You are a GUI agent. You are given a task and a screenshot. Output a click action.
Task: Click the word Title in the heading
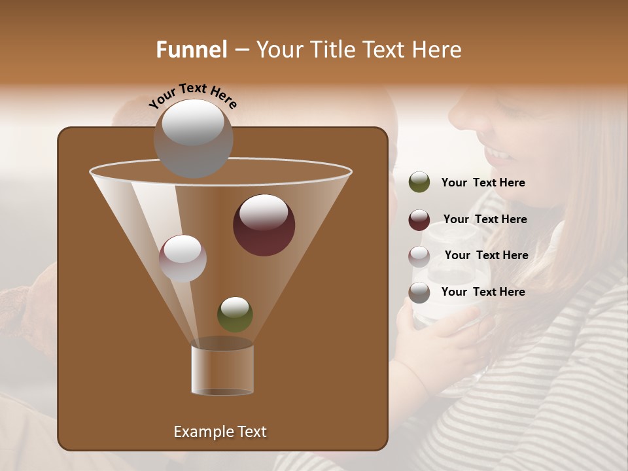[x=330, y=50]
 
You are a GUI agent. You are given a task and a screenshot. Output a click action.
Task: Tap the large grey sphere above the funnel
[x=194, y=138]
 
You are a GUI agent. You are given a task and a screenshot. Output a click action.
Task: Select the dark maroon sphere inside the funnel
[x=264, y=225]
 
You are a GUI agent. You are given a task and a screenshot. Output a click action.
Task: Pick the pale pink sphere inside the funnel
[x=183, y=258]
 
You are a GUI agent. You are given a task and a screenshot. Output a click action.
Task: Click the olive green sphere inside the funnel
[x=235, y=315]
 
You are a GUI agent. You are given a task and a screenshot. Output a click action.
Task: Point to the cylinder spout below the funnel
[x=222, y=370]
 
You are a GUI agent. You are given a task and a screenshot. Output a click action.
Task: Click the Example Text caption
[x=220, y=432]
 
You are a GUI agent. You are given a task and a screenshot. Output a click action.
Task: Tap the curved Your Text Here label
[x=192, y=96]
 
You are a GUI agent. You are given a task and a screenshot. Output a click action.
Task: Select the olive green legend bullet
[x=419, y=183]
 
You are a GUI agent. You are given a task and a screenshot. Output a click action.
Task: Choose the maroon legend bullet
[x=419, y=220]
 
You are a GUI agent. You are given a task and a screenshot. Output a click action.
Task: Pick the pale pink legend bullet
[x=419, y=256]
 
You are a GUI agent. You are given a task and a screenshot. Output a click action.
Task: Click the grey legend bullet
[x=419, y=292]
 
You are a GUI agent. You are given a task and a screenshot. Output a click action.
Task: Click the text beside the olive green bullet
[x=483, y=183]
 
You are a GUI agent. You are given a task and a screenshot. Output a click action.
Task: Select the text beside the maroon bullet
[x=485, y=220]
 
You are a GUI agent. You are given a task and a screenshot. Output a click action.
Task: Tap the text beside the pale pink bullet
[x=486, y=256]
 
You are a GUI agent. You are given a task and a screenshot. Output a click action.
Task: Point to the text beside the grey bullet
[x=483, y=292]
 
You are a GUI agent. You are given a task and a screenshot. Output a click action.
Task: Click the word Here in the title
[x=437, y=50]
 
